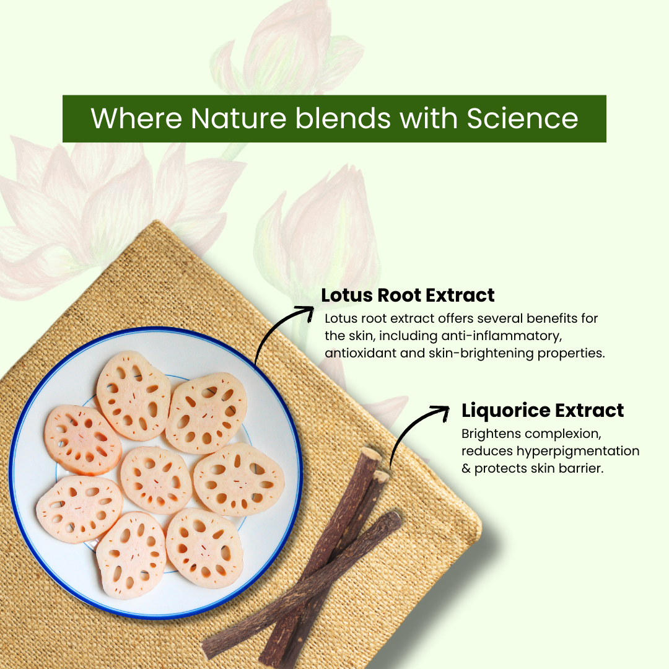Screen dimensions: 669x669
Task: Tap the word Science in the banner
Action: (522, 118)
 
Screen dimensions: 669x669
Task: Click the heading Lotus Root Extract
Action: (408, 295)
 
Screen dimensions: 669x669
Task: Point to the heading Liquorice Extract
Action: (542, 411)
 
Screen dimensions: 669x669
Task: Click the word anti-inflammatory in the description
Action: (501, 336)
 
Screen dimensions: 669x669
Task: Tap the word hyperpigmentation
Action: (578, 452)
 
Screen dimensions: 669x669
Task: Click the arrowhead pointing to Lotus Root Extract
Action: (308, 312)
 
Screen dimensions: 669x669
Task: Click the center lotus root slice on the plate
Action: (156, 479)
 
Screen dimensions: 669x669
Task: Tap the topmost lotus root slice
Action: (134, 395)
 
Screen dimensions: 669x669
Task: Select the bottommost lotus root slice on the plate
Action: (131, 555)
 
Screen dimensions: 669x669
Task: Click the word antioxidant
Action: (360, 354)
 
